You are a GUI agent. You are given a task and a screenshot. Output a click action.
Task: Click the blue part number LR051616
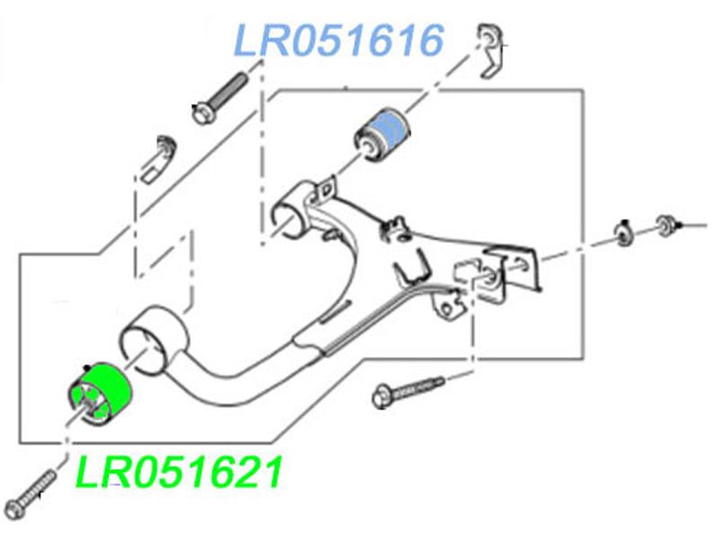340,40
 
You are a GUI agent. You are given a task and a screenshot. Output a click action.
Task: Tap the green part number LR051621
180,472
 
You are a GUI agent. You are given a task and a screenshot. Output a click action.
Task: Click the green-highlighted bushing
100,393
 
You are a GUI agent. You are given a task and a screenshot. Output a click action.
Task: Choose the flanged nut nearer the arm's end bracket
622,232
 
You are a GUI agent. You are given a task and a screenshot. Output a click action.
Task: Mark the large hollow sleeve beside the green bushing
153,337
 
